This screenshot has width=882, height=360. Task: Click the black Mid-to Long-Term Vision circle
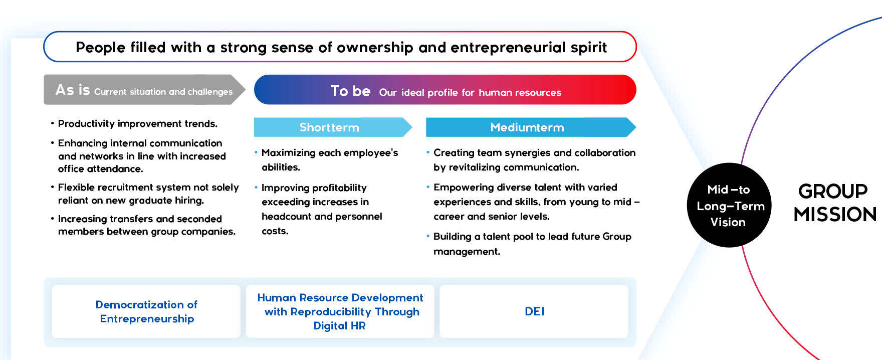coord(729,206)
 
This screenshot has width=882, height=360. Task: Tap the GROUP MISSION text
coord(834,203)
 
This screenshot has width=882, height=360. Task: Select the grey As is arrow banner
coord(143,90)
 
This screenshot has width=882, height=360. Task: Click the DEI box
coord(534,311)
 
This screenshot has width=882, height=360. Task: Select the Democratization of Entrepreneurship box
coord(146,311)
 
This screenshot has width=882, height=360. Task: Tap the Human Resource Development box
coord(340,311)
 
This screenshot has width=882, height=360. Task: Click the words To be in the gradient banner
coord(350,91)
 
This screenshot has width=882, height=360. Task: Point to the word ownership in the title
coord(375,48)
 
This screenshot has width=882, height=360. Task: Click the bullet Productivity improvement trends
coord(137,124)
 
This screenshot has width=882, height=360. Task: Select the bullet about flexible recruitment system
coord(148,194)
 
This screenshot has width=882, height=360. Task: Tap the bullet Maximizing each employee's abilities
coord(329,160)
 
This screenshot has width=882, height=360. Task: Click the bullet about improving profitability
coord(321,209)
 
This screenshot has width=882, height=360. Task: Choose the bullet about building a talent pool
coord(532,244)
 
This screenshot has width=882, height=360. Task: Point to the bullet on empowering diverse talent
coord(535,202)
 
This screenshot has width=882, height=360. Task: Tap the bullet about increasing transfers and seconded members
coord(146,225)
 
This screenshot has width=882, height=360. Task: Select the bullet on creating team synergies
coord(534,160)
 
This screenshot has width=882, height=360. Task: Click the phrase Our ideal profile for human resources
coord(470,93)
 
